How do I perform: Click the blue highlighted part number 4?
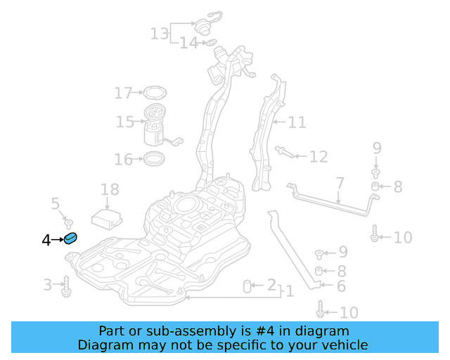pyautogui.click(x=70, y=240)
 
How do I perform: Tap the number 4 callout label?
pyautogui.click(x=46, y=240)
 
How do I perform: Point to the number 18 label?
pyautogui.click(x=110, y=189)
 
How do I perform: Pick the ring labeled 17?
pyautogui.click(x=153, y=92)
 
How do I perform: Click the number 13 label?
pyautogui.click(x=160, y=33)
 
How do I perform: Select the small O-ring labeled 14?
pyautogui.click(x=210, y=44)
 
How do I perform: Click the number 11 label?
pyautogui.click(x=297, y=122)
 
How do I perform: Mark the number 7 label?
pyautogui.click(x=340, y=184)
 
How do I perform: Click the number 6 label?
pyautogui.click(x=341, y=286)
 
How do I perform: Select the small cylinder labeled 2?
pyautogui.click(x=247, y=285)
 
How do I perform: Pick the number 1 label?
pyautogui.click(x=289, y=290)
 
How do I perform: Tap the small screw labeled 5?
pyautogui.click(x=68, y=221)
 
